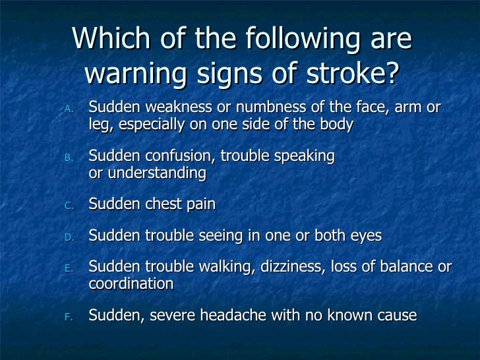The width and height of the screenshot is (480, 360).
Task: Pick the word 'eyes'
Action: pos(367,236)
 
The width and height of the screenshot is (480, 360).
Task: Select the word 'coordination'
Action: pos(131,284)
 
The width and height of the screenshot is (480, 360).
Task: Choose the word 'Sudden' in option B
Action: pos(112,157)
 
